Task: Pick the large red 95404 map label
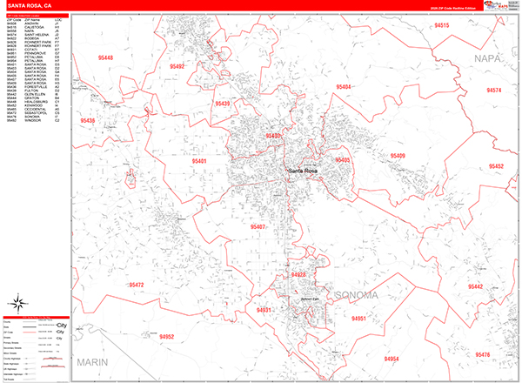click(x=343, y=87)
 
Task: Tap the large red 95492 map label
click(x=177, y=66)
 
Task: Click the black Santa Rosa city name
click(x=304, y=170)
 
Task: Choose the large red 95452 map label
click(x=495, y=165)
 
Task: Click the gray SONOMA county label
click(x=352, y=294)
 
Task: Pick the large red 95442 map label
click(x=475, y=286)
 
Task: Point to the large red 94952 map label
click(x=168, y=336)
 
